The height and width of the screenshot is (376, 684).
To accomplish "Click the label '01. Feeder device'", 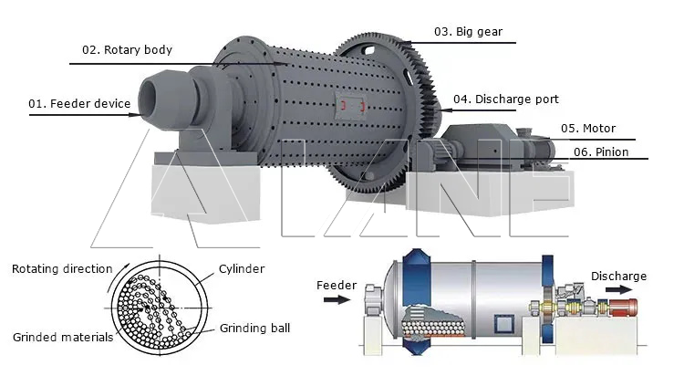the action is (x=79, y=103).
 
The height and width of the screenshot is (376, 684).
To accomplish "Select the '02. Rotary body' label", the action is (x=127, y=50).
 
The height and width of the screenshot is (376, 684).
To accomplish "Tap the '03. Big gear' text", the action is (x=468, y=31).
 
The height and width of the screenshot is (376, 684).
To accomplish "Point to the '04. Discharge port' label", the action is (x=506, y=99).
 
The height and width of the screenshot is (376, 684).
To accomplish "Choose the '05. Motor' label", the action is (x=588, y=129).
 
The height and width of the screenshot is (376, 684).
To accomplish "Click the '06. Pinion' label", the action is (x=601, y=152).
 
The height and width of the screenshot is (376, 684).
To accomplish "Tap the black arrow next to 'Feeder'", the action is (x=337, y=299).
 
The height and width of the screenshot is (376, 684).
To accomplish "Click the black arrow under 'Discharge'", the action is (x=618, y=289).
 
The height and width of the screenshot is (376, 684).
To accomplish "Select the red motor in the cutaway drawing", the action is (x=623, y=307).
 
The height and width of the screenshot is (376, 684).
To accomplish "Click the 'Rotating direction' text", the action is (x=62, y=268).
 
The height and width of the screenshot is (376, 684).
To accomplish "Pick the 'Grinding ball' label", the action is (x=254, y=328).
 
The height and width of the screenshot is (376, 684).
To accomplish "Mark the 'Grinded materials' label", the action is (x=63, y=337).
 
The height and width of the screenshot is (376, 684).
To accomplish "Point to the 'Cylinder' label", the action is (x=242, y=268).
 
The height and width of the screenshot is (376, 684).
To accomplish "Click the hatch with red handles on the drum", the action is (x=350, y=106).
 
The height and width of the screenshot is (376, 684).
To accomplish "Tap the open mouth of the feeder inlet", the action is (x=149, y=99).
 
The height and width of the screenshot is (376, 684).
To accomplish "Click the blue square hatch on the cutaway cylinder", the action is (x=504, y=325).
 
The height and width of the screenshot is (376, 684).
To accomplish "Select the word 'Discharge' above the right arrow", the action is (x=618, y=276).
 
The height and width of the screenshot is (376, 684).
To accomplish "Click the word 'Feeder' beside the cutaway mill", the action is (x=337, y=285).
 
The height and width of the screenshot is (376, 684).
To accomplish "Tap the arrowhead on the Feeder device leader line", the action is (x=135, y=115).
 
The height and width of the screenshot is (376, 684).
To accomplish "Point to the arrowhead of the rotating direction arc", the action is (x=127, y=266).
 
